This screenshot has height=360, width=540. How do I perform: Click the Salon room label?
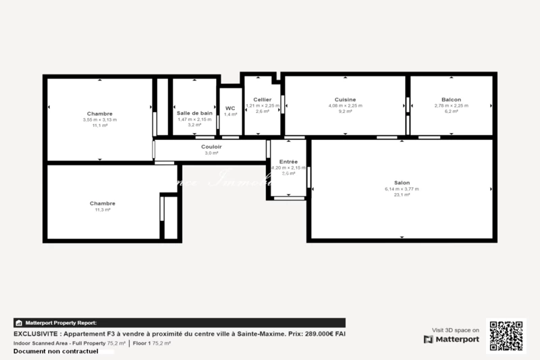click(402, 182)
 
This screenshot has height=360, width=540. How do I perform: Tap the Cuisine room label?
click(345, 99)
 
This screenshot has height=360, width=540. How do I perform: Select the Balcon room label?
click(452, 99)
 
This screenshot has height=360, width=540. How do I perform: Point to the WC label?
click(230, 108)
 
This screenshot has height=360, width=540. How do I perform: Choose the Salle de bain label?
click(194, 113)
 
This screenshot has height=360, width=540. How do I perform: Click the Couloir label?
click(211, 147)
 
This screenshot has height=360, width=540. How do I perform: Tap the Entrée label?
click(288, 161)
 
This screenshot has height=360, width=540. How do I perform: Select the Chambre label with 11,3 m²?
click(103, 203)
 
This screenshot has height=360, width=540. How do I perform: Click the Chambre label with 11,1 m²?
click(100, 113)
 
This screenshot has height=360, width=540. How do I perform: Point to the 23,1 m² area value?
click(402, 195)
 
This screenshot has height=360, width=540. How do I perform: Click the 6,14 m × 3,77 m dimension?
click(402, 189)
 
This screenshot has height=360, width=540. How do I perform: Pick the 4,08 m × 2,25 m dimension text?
click(345, 105)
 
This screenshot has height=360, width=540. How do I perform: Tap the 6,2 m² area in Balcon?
click(452, 111)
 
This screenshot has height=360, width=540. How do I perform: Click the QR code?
click(506, 336)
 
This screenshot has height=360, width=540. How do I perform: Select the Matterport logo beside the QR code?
click(452, 339)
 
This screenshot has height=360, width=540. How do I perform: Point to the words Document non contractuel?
click(56, 351)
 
